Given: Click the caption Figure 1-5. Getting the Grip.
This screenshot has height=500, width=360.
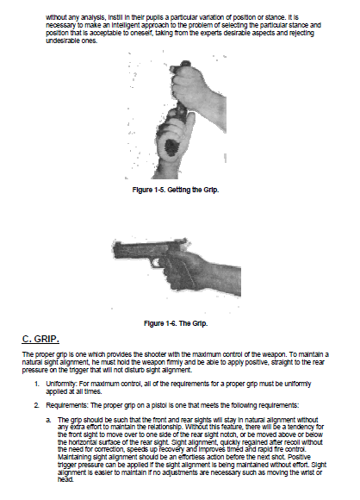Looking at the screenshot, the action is [176, 190].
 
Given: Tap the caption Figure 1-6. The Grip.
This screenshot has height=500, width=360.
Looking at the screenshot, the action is [176, 323].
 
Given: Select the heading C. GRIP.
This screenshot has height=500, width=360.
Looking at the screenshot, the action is [40, 339].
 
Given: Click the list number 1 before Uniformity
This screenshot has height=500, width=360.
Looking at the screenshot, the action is [37, 384].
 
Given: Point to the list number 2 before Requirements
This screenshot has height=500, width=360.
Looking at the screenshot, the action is [37, 406].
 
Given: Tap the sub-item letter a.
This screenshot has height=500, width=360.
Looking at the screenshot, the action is [48, 421].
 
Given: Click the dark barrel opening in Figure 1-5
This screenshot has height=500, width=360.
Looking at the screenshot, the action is [171, 147].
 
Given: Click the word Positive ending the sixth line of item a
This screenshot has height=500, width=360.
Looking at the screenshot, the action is [299, 457].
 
